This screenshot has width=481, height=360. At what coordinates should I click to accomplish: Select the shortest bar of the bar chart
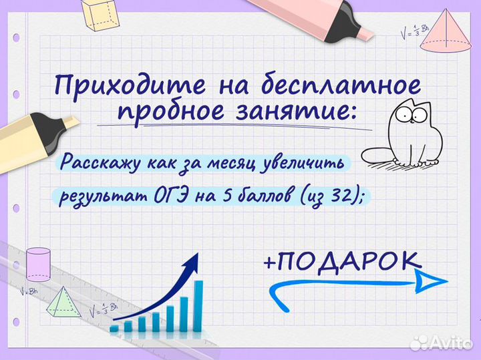click(x=114, y=328)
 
